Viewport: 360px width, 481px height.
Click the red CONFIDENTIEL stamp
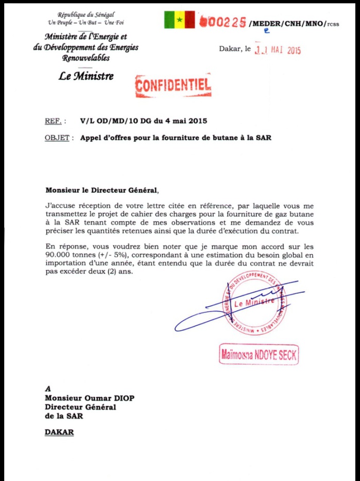point(173,86)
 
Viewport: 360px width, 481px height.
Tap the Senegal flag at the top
point(180,20)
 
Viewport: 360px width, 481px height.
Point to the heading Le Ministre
point(86,77)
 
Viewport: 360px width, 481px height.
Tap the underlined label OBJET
point(57,138)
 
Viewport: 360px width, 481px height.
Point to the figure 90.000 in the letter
point(60,255)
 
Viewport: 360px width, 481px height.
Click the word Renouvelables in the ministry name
point(85,58)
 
